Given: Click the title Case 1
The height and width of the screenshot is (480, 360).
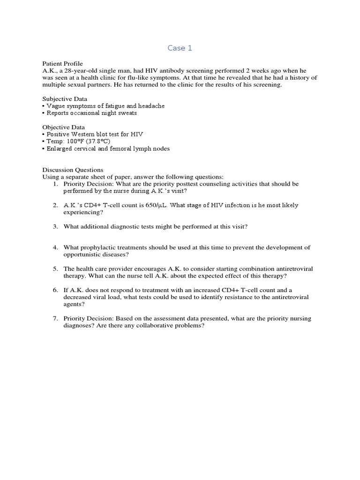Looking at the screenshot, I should pos(180,48).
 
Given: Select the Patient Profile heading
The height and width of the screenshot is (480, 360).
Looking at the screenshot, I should pos(62,63).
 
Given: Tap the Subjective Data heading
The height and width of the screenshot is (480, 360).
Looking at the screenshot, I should pos(65,99).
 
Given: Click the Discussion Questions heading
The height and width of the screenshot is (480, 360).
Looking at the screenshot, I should pos(73,170).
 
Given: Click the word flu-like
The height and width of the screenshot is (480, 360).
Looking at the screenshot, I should pos(192,77).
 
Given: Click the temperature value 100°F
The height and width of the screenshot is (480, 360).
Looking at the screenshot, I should pos(75,141).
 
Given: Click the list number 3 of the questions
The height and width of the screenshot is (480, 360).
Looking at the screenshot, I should pos(55,226).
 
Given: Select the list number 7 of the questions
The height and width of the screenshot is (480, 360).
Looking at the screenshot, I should pos(55,319).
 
